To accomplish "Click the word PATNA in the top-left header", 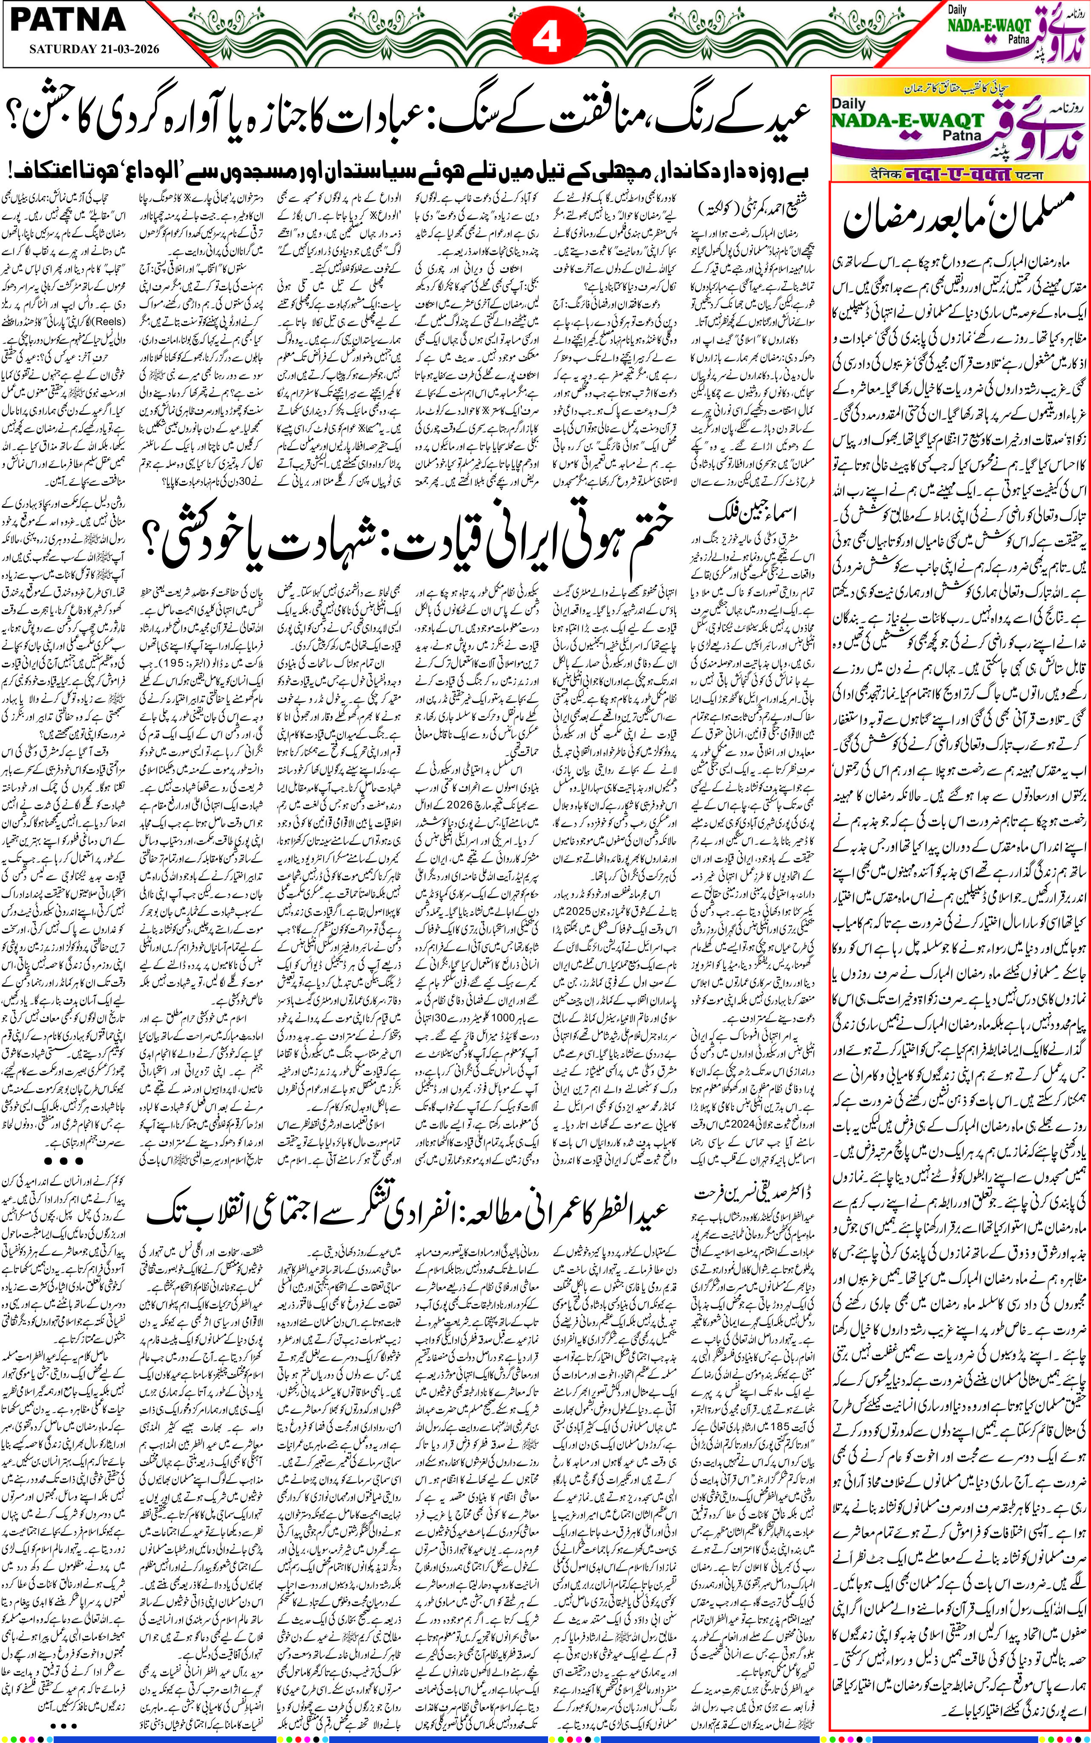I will pyautogui.click(x=69, y=20).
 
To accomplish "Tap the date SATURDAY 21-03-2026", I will pyautogui.click(x=94, y=49).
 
